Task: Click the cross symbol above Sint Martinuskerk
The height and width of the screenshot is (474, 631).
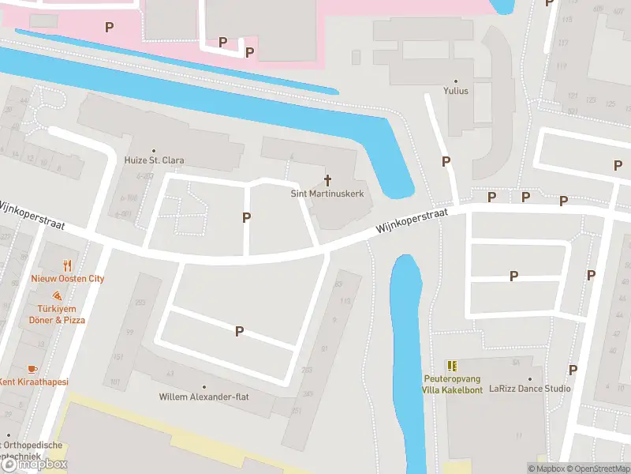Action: [x=328, y=181]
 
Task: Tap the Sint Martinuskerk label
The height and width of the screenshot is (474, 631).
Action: [x=328, y=194]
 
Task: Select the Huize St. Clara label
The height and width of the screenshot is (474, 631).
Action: [x=155, y=160]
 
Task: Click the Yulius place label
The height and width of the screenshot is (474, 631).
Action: [x=456, y=91]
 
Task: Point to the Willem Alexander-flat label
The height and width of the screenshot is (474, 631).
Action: [x=203, y=397]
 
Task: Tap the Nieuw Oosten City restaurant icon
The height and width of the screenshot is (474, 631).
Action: [x=68, y=266]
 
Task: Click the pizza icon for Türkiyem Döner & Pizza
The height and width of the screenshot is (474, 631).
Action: [x=58, y=295]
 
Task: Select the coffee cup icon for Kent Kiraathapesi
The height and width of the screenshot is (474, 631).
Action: [x=32, y=369]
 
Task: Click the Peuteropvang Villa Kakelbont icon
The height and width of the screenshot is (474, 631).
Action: [x=452, y=366]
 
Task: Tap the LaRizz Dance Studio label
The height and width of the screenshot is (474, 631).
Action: [x=530, y=389]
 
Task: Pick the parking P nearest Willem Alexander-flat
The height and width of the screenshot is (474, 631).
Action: [x=238, y=332]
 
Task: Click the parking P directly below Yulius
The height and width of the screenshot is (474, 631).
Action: [x=446, y=161]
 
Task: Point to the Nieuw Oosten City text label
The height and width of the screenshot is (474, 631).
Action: [x=68, y=279]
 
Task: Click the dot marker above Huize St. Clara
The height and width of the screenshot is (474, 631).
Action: [x=155, y=150]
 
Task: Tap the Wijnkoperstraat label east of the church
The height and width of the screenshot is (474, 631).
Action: [x=412, y=221]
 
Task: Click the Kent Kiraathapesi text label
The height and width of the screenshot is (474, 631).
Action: [x=33, y=382]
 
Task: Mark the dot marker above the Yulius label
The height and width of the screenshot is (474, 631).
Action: [x=456, y=81]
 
